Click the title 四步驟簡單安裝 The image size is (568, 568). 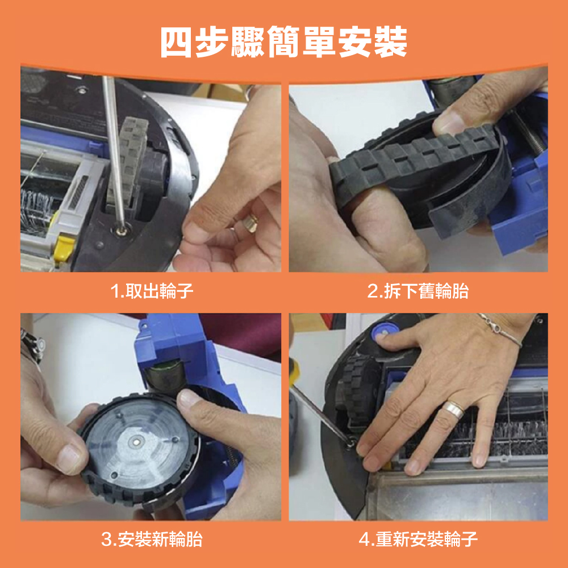tap(283, 42)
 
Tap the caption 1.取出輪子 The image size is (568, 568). tap(152, 291)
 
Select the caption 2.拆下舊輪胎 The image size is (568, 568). tap(418, 291)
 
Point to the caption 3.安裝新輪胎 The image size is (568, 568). tap(152, 539)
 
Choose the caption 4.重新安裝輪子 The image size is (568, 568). tap(418, 539)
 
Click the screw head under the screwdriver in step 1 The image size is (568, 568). tap(121, 230)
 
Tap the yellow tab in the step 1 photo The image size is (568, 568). tap(64, 248)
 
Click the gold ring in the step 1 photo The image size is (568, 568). tap(250, 222)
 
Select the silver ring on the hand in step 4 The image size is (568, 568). tap(453, 409)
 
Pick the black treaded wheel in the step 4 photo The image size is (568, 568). tap(357, 390)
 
